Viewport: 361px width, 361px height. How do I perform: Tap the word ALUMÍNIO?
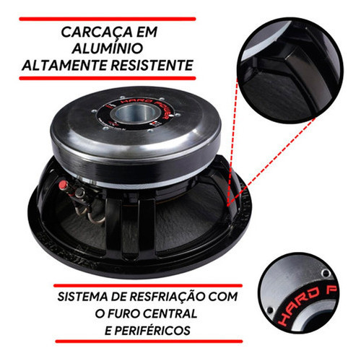(x=108, y=48)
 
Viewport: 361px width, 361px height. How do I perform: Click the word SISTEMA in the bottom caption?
(x=82, y=297)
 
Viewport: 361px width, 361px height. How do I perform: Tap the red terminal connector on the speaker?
(x=63, y=185)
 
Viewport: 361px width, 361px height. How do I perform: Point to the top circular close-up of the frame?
(x=290, y=71)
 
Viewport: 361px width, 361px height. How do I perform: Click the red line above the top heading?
(x=108, y=19)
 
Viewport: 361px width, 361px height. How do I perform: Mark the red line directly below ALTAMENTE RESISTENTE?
(x=108, y=78)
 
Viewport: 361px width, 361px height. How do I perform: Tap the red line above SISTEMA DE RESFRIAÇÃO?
(x=148, y=286)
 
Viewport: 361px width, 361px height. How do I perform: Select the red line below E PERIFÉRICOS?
(x=149, y=342)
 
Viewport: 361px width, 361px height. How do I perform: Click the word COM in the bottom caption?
(x=223, y=297)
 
